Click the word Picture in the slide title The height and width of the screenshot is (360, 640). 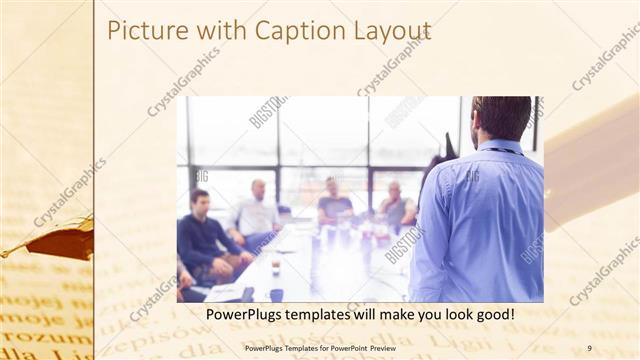141,31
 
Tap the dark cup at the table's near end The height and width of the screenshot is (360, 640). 276,294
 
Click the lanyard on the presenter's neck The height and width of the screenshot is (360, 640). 505,151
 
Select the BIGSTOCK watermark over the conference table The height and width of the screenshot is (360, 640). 404,244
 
